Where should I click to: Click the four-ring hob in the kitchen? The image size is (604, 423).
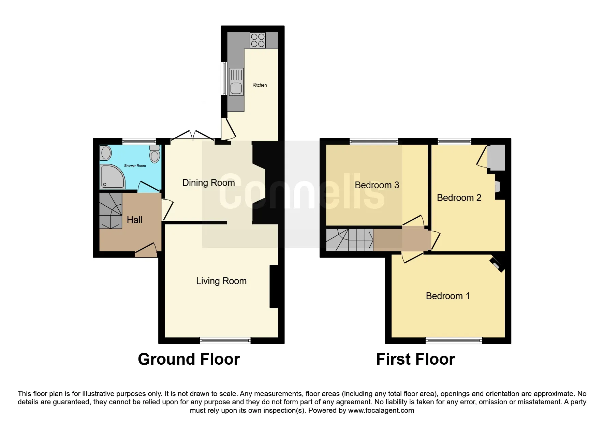(x=258, y=40)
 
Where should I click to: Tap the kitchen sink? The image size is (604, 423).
(x=236, y=82)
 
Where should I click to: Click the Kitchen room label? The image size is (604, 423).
(x=260, y=85)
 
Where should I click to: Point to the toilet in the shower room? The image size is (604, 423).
(x=155, y=154)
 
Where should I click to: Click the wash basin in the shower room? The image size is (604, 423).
(x=106, y=153)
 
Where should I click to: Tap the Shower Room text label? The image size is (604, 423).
(x=135, y=166)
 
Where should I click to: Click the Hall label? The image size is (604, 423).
(x=134, y=220)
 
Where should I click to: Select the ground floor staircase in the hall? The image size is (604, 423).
(x=111, y=211)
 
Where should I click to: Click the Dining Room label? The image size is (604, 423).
(x=208, y=183)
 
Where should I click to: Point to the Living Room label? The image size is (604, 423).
(x=221, y=281)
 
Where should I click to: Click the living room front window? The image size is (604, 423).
(x=225, y=340)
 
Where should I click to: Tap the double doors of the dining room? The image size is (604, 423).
(x=193, y=135)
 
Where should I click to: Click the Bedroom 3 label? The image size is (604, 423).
(x=377, y=185)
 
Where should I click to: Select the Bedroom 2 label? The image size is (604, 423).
(x=459, y=198)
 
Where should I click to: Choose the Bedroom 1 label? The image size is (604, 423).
(x=448, y=296)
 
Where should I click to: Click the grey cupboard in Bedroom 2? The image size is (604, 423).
(x=496, y=158)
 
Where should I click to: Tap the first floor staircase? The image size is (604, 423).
(x=350, y=240)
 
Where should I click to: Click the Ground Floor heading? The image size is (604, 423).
(x=189, y=359)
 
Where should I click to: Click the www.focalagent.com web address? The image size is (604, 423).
(x=381, y=410)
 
